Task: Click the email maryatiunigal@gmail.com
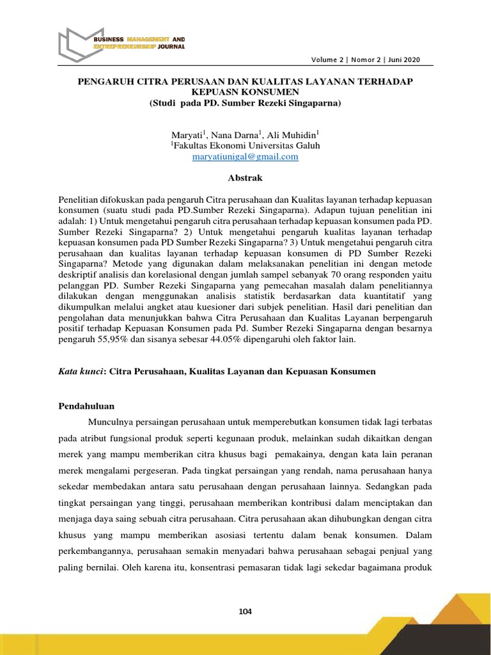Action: coord(245,157)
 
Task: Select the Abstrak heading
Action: coord(245,178)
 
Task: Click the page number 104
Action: coord(245,612)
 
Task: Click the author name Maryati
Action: coord(186,135)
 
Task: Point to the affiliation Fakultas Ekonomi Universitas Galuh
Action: coord(247,146)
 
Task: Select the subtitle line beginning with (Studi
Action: coord(245,102)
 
